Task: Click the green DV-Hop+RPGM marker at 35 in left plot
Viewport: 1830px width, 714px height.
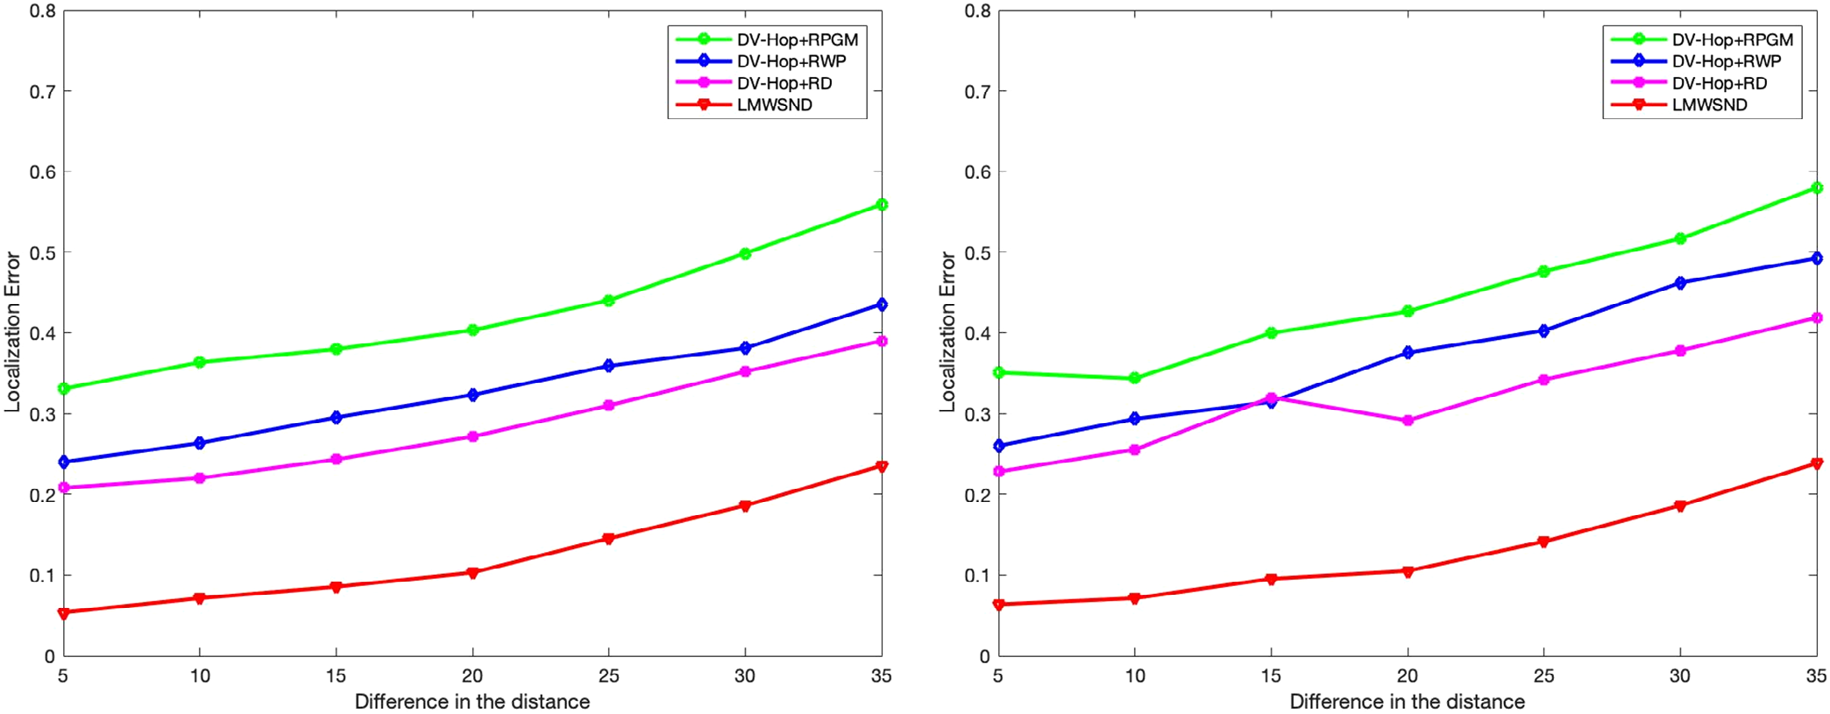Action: tap(881, 205)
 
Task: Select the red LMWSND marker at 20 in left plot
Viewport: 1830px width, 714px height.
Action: tap(472, 573)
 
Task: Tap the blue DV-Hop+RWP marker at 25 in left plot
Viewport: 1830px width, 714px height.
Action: tap(609, 366)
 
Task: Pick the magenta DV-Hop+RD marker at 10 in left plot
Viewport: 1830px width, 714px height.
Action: tap(200, 478)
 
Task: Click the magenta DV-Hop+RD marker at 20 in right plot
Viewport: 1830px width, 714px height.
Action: tap(1408, 421)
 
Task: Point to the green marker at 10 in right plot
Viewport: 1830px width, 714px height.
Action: tap(1134, 378)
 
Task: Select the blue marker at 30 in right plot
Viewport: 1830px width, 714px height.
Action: tap(1680, 283)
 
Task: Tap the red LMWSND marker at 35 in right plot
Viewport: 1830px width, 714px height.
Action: tap(1816, 463)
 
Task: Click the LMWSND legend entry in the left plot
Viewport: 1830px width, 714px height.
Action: tap(774, 105)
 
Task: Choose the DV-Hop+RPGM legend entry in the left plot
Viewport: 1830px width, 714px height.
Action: tap(797, 40)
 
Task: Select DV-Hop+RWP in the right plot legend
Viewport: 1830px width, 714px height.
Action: tap(1726, 61)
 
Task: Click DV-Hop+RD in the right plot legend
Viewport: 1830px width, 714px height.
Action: tap(1719, 83)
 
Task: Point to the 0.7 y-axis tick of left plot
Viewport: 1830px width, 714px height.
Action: tap(42, 92)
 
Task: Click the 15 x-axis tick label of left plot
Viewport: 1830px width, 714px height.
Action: tap(336, 675)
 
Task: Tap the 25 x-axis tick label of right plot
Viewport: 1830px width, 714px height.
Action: tap(1543, 675)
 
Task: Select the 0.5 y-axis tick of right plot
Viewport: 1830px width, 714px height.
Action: tap(977, 253)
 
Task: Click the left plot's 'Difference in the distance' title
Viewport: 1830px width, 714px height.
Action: tap(472, 702)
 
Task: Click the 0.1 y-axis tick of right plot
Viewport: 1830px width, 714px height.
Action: tap(977, 576)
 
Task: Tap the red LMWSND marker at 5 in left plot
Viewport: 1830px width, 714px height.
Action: tap(64, 613)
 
